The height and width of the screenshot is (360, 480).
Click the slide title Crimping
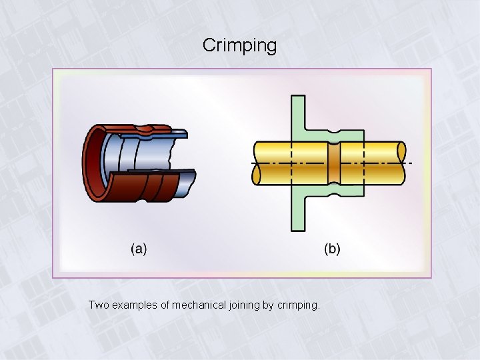[x=239, y=45]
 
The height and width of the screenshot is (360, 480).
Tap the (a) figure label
[x=139, y=249]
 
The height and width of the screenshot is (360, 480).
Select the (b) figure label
[x=332, y=249]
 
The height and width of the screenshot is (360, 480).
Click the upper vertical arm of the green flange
[x=298, y=113]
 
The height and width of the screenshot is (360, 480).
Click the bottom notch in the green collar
[x=333, y=191]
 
